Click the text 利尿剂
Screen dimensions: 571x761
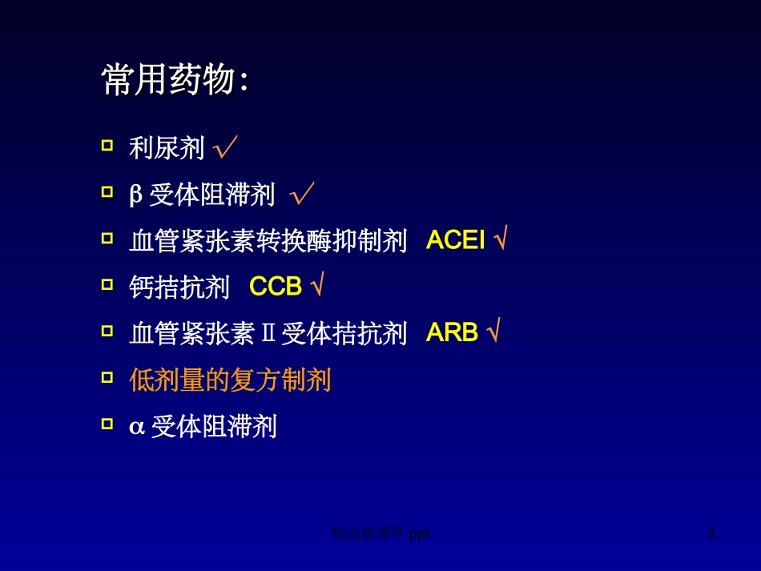[x=167, y=148]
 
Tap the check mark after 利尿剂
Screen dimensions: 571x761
[x=226, y=147]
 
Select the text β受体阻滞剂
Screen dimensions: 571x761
[x=202, y=195]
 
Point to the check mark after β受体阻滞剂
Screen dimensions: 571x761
[x=302, y=194]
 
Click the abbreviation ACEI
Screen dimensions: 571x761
[x=456, y=240]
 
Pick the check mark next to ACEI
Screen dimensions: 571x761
[x=501, y=240]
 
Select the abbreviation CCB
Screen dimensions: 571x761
[x=276, y=287]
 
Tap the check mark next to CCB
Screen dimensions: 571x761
[x=317, y=287]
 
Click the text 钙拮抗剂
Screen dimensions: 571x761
[x=179, y=288]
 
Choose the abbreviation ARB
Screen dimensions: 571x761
[x=452, y=333]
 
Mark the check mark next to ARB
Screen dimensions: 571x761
[x=493, y=333]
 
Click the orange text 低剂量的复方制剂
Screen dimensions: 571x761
[x=230, y=380]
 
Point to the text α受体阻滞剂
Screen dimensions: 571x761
[x=203, y=426]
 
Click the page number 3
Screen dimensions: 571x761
[x=711, y=533]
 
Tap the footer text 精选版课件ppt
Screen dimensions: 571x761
[x=380, y=533]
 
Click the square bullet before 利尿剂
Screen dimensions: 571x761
[x=107, y=146]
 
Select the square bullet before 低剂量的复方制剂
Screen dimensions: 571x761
[x=107, y=377]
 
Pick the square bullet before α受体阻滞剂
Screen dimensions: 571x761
[x=107, y=424]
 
